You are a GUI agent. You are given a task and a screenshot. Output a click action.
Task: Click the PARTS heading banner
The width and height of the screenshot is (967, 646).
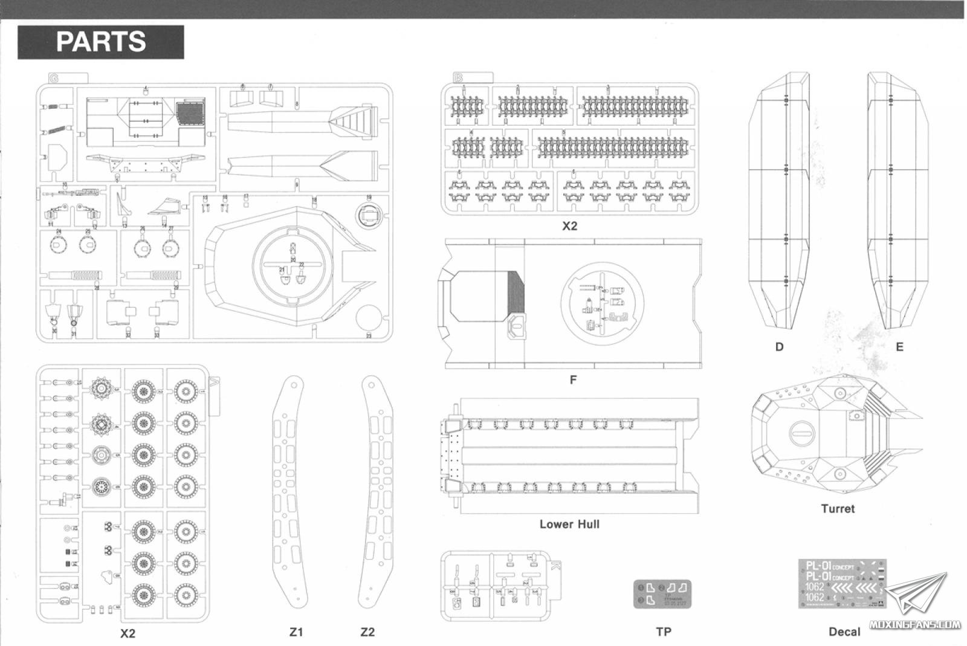pyautogui.click(x=100, y=42)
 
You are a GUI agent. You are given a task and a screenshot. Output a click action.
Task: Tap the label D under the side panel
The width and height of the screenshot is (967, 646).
pyautogui.click(x=779, y=347)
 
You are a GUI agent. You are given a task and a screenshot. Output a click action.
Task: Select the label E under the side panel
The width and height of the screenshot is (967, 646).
pyautogui.click(x=899, y=347)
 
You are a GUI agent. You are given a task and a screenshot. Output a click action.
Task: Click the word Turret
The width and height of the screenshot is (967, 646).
pyautogui.click(x=838, y=509)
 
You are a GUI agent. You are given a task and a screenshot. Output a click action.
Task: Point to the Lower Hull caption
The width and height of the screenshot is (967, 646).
pyautogui.click(x=569, y=524)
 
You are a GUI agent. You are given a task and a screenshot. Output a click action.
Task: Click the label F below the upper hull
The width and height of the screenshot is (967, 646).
pyautogui.click(x=573, y=380)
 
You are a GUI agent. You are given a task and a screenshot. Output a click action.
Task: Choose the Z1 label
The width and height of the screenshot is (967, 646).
pyautogui.click(x=296, y=632)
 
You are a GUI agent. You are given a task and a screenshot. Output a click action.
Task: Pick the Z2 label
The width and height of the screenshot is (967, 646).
pyautogui.click(x=367, y=632)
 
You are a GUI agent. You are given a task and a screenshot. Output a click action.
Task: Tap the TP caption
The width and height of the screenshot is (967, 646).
pyautogui.click(x=664, y=632)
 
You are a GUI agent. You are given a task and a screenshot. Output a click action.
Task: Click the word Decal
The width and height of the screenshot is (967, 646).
pyautogui.click(x=844, y=632)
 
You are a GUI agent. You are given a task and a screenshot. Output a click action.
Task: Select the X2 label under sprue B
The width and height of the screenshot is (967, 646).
pyautogui.click(x=569, y=226)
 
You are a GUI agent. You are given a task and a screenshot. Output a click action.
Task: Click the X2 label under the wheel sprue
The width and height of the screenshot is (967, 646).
pyautogui.click(x=128, y=633)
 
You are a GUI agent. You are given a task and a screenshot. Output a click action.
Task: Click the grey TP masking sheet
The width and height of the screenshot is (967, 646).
pyautogui.click(x=663, y=593)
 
